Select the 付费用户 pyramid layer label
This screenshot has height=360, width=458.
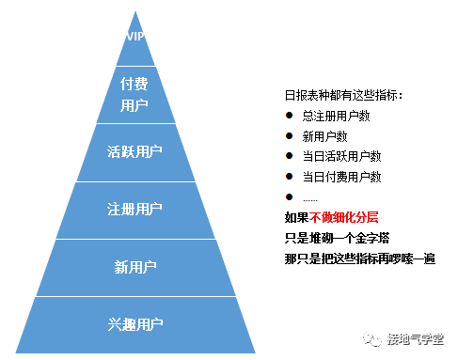(x=135, y=94)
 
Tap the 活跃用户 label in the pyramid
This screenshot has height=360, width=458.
(x=135, y=150)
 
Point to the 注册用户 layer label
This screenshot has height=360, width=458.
(x=135, y=209)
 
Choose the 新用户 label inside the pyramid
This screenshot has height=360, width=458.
(x=135, y=267)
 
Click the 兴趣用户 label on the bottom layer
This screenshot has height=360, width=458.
(x=135, y=324)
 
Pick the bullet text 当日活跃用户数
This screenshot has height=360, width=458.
(x=341, y=156)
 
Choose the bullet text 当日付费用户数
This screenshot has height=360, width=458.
(x=341, y=177)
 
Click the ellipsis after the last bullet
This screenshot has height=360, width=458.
(x=310, y=197)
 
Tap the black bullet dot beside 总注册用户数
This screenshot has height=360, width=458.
(x=289, y=116)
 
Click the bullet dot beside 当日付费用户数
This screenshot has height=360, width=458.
(x=289, y=177)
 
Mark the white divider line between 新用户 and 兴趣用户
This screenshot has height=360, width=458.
(x=135, y=296)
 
